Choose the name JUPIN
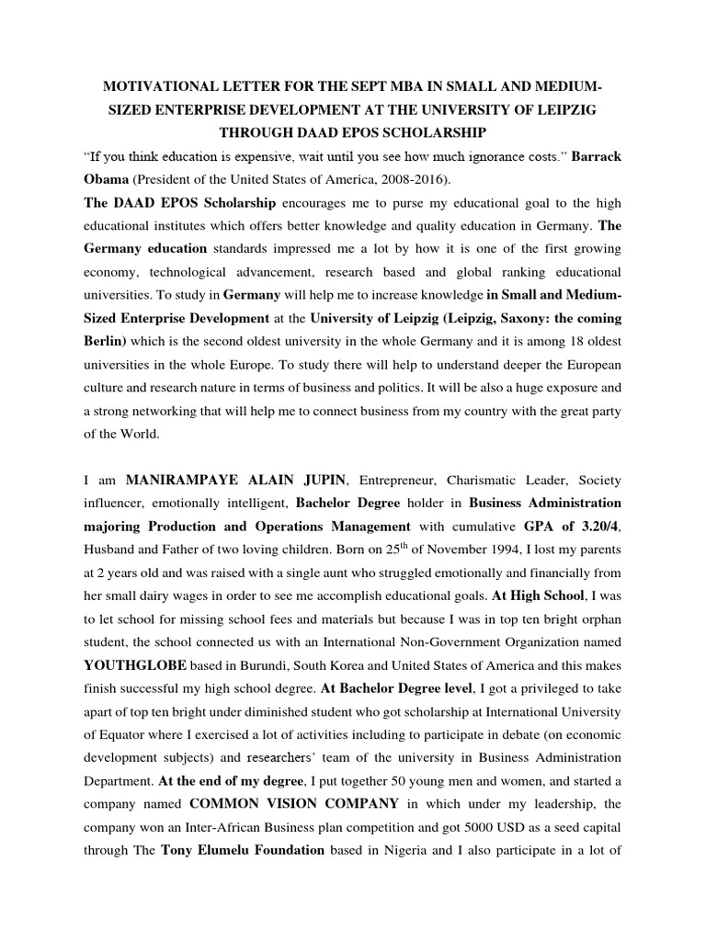[315, 479]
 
